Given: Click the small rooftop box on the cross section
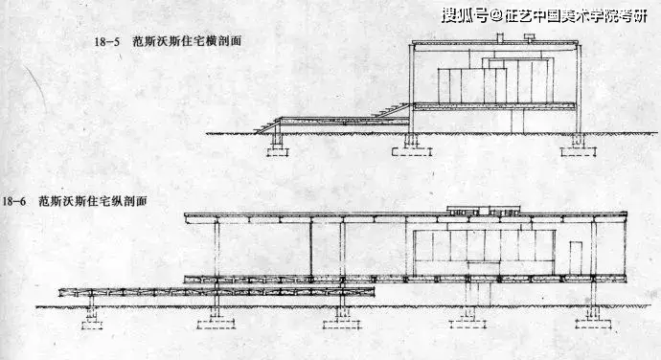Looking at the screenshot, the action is (499, 38).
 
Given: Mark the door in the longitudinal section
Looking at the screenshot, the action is (575, 258).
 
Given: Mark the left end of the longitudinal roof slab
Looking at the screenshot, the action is (188, 217).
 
